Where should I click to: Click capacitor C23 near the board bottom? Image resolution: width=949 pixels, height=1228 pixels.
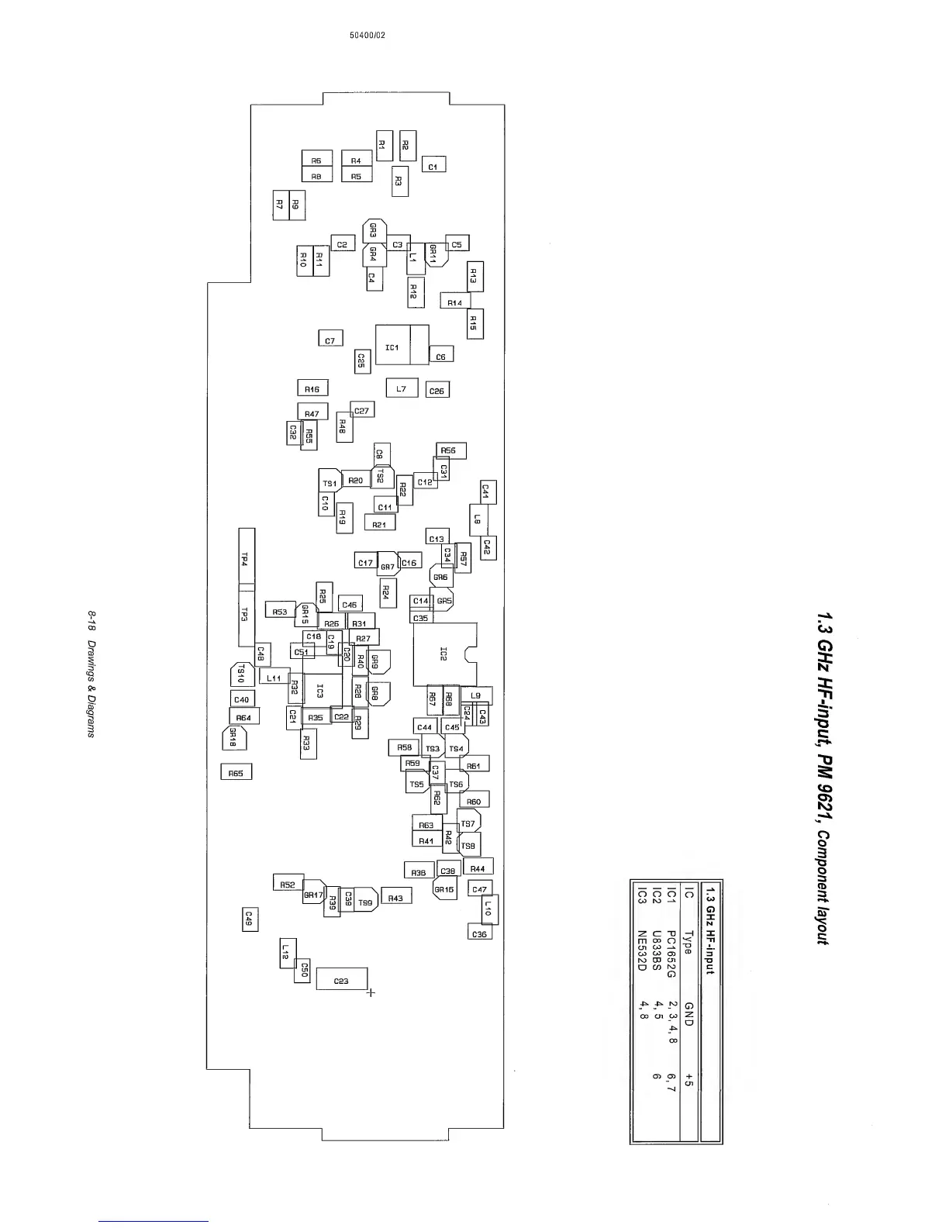341,980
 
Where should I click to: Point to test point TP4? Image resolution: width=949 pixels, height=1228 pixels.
246,558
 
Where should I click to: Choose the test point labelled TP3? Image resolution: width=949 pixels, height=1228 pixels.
246,617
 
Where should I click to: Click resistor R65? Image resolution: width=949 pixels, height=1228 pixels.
236,773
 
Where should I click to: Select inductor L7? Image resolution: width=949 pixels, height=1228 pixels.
402,388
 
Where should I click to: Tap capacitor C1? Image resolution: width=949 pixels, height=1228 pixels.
433,166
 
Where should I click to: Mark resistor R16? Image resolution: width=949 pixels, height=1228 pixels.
312,388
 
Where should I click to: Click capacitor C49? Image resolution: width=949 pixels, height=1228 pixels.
250,919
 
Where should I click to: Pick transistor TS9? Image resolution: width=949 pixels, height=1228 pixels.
365,902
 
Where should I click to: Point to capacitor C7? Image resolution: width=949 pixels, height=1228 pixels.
330,340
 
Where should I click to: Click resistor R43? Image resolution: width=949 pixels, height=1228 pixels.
395,897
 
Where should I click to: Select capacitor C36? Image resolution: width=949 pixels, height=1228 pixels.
480,933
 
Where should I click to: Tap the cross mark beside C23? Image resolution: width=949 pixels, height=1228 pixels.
371,992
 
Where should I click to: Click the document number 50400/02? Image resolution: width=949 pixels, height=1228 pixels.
368,36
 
